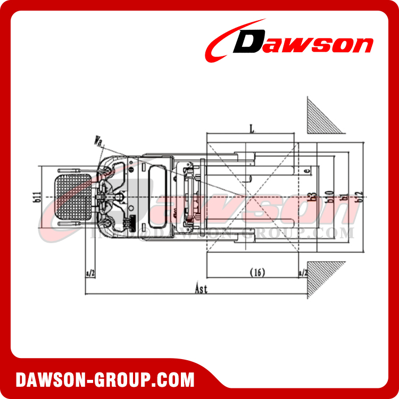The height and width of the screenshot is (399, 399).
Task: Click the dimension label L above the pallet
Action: click(250, 128)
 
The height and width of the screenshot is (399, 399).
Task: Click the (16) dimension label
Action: click(257, 272)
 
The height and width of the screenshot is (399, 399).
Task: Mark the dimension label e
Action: click(308, 171)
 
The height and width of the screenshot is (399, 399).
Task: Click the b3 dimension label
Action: click(314, 197)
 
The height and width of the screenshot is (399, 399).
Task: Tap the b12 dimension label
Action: click(360, 197)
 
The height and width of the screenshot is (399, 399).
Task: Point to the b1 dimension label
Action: click(345, 197)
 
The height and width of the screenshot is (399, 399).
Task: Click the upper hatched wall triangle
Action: click(321, 118)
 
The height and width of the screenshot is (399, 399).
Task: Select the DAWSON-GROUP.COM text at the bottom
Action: click(105, 380)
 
